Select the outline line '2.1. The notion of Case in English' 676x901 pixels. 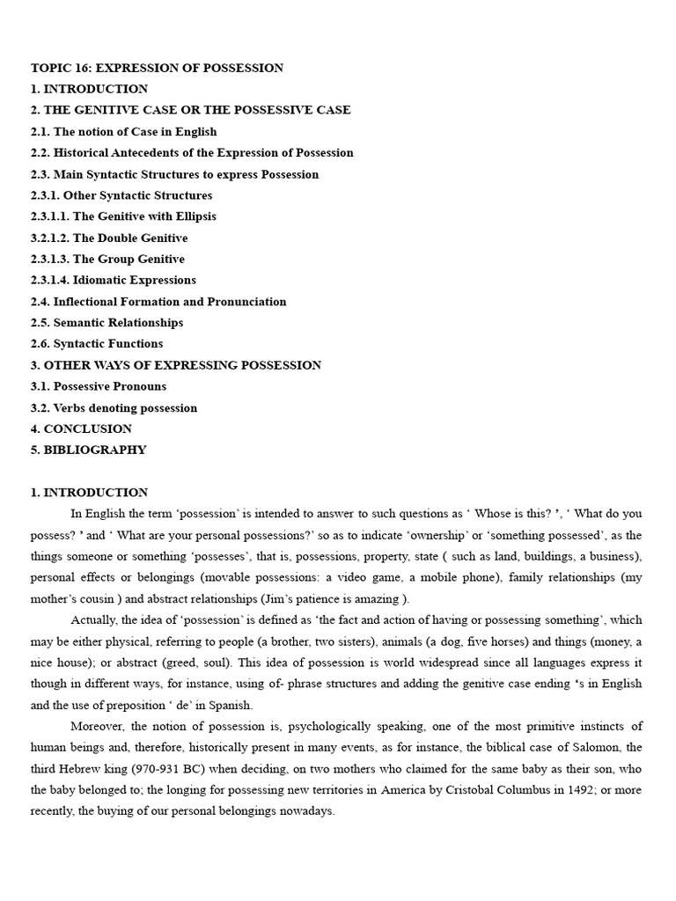tap(123, 132)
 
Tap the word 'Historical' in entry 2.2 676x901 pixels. tap(84, 153)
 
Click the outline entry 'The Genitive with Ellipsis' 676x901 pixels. tap(144, 216)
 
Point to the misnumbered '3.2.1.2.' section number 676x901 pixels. tap(50, 238)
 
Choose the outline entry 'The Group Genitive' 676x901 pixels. tap(129, 259)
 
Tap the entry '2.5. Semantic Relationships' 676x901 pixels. tap(107, 323)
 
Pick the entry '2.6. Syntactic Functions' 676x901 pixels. tap(97, 344)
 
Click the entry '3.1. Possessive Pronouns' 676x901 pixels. tap(98, 386)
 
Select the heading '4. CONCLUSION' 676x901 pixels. tap(81, 429)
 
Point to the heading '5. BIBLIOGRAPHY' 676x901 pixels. tap(88, 450)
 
